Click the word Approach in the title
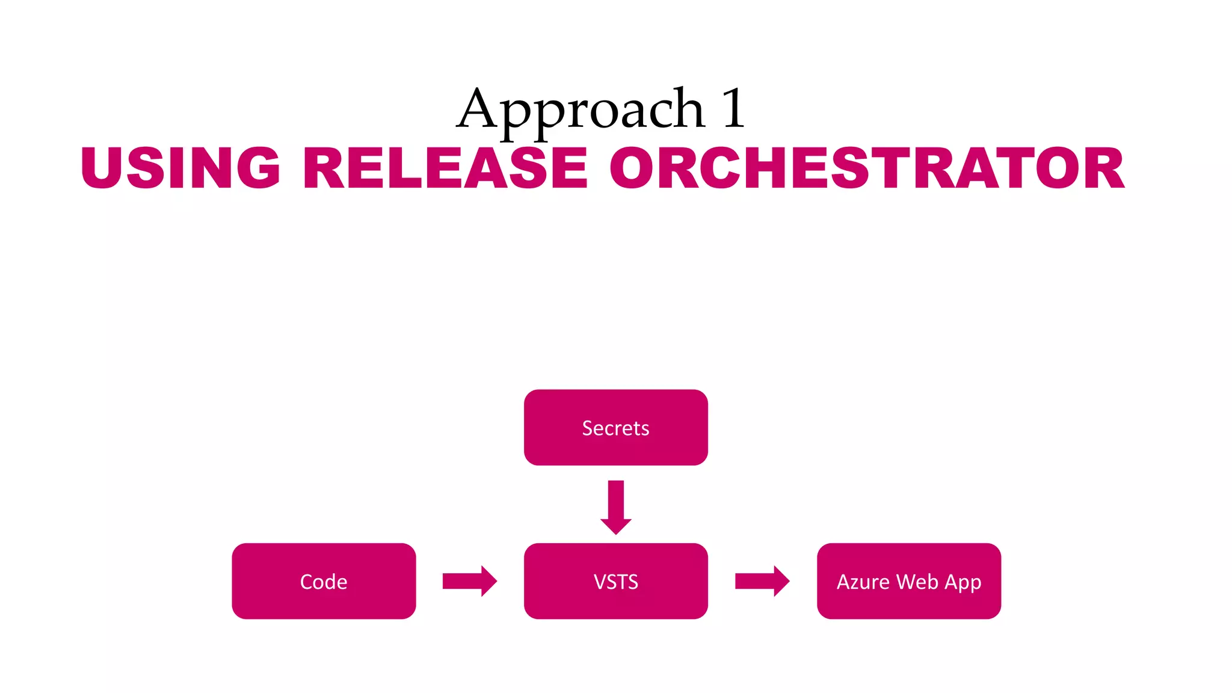coord(581,110)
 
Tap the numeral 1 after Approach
coord(733,108)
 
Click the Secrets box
coord(615,428)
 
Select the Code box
coord(324,581)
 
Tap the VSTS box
coord(615,581)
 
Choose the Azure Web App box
coord(908,581)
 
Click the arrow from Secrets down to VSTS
coord(615,505)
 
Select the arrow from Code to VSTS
coord(469,581)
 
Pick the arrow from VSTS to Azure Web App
coord(762,581)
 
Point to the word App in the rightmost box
coord(963,583)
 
